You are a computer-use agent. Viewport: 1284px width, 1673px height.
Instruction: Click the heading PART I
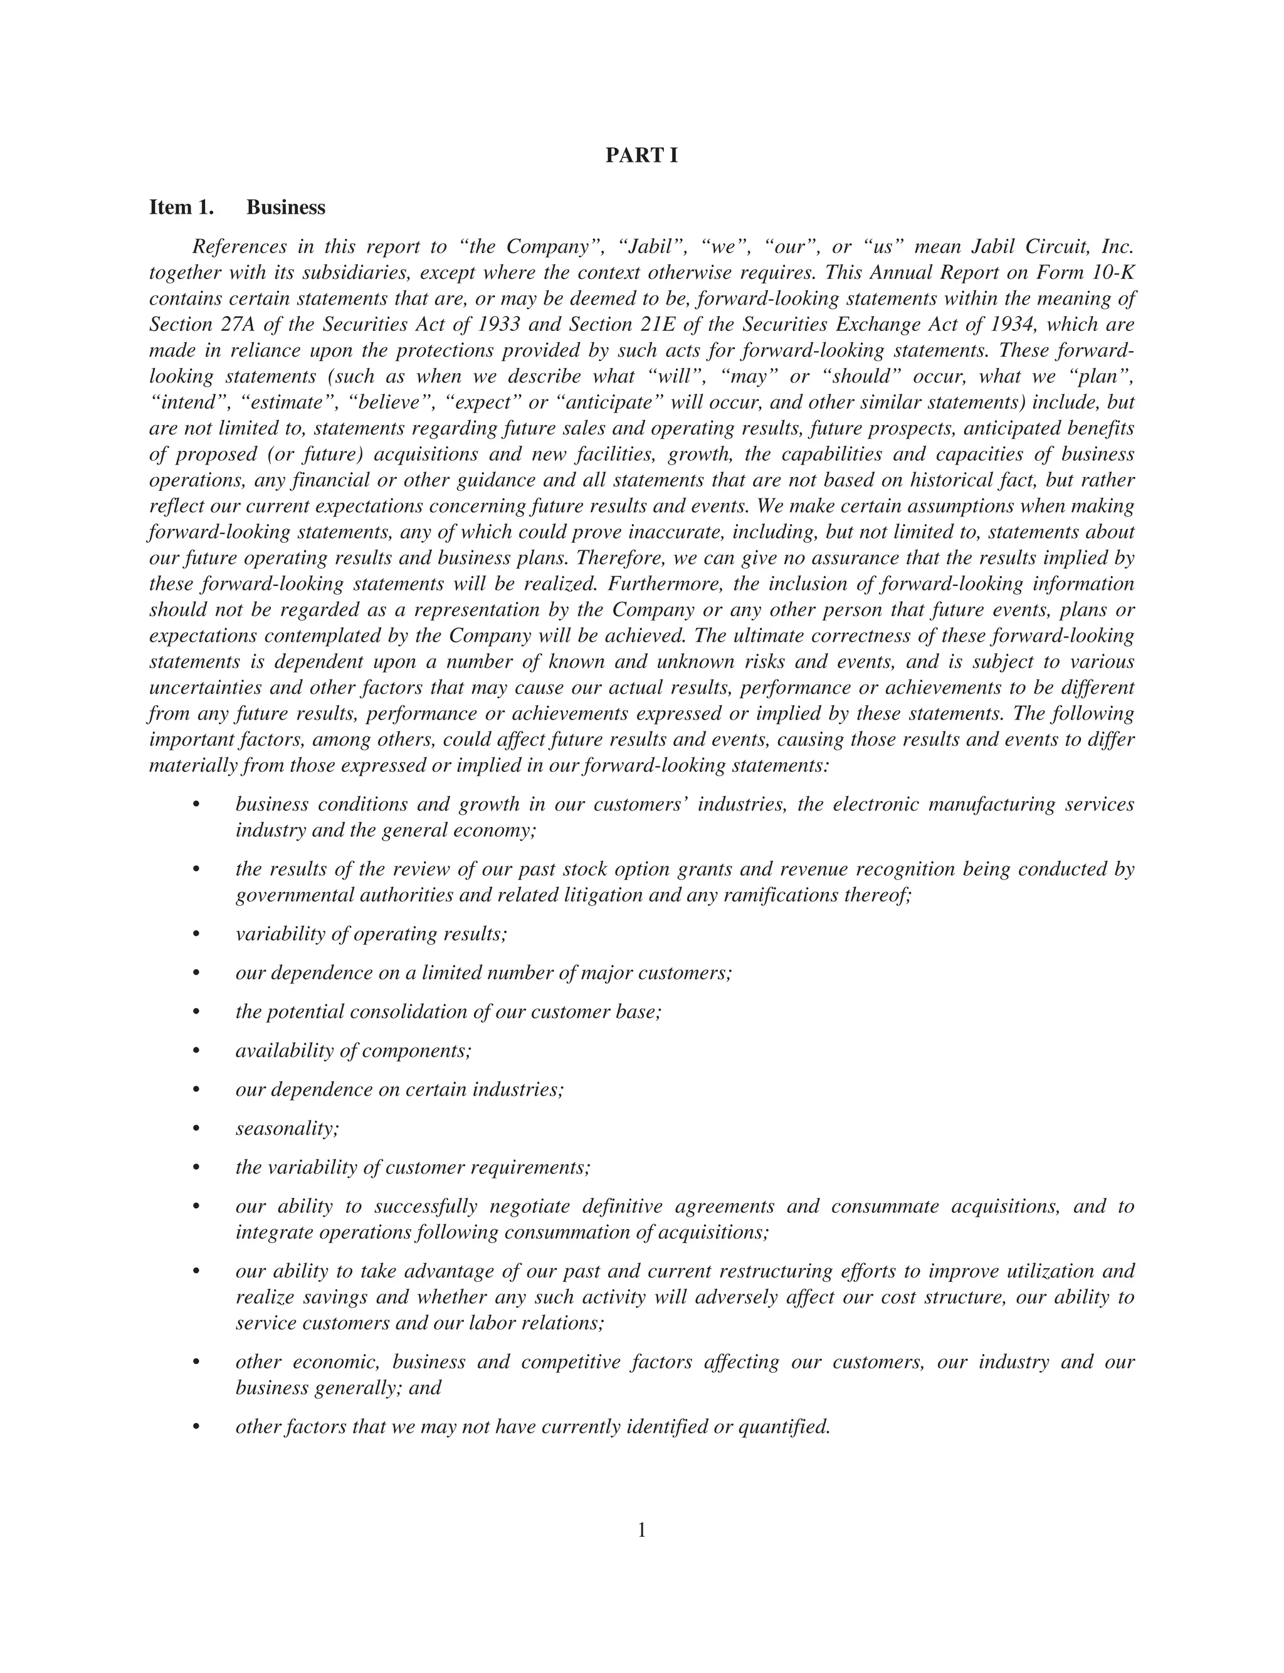pyautogui.click(x=641, y=156)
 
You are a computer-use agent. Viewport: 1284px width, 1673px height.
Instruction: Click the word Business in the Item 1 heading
pyautogui.click(x=286, y=207)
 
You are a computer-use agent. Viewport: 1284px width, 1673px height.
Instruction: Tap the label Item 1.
pyautogui.click(x=181, y=207)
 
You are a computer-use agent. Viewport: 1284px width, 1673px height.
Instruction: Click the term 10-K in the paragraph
pyautogui.click(x=1113, y=273)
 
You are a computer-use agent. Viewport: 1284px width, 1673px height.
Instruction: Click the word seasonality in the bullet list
pyautogui.click(x=287, y=1128)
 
